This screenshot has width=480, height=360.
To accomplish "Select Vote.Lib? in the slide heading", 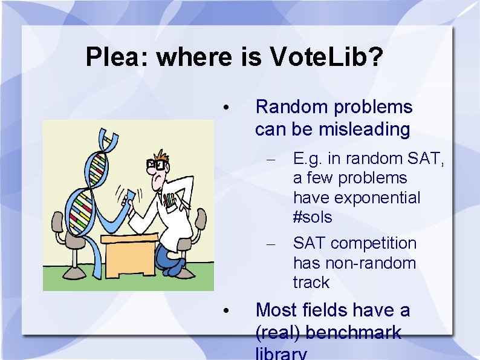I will point(326,57).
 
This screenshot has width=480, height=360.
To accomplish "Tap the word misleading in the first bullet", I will point(365,129).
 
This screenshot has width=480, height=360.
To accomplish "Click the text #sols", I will point(313,217).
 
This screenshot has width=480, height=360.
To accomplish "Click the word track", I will point(311,283).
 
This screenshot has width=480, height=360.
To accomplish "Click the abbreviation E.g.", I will point(308,159).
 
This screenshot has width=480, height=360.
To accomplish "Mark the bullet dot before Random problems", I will point(224,108).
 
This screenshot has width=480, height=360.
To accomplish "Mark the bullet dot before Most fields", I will point(224,311).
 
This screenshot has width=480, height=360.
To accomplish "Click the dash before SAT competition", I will point(271,244).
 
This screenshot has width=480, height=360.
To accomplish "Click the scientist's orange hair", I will point(161,154).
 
